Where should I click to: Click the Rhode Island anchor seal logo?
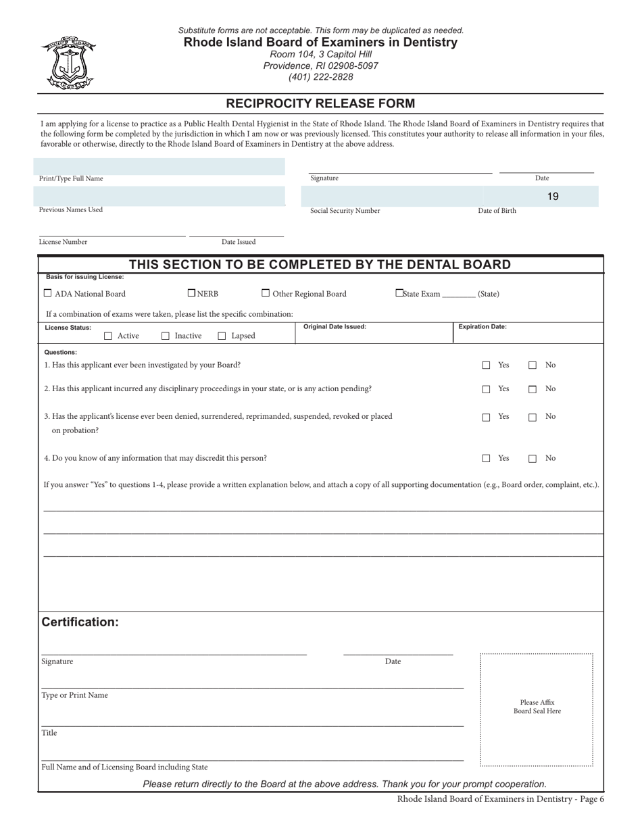pos(69,63)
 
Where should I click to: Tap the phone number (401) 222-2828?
pos(320,77)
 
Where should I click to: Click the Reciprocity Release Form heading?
pos(320,103)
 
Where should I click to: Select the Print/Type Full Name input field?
pos(159,166)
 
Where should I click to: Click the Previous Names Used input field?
pos(159,196)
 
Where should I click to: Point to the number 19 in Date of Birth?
pos(553,197)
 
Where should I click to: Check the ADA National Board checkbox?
pos(47,293)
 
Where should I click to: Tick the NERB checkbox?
pos(191,293)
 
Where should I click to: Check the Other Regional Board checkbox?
pos(266,293)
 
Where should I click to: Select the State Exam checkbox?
pos(399,293)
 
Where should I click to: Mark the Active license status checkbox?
pos(108,336)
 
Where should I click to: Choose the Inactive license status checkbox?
pos(166,336)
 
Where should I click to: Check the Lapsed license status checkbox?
pos(222,336)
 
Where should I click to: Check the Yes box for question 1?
pos(486,366)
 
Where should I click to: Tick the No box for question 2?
pos(533,389)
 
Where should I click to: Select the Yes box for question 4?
pos(486,459)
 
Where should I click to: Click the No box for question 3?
pos(533,418)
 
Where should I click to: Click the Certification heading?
pos(80,622)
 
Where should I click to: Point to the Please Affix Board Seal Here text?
pos(537,707)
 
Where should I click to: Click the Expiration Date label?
pos(483,327)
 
